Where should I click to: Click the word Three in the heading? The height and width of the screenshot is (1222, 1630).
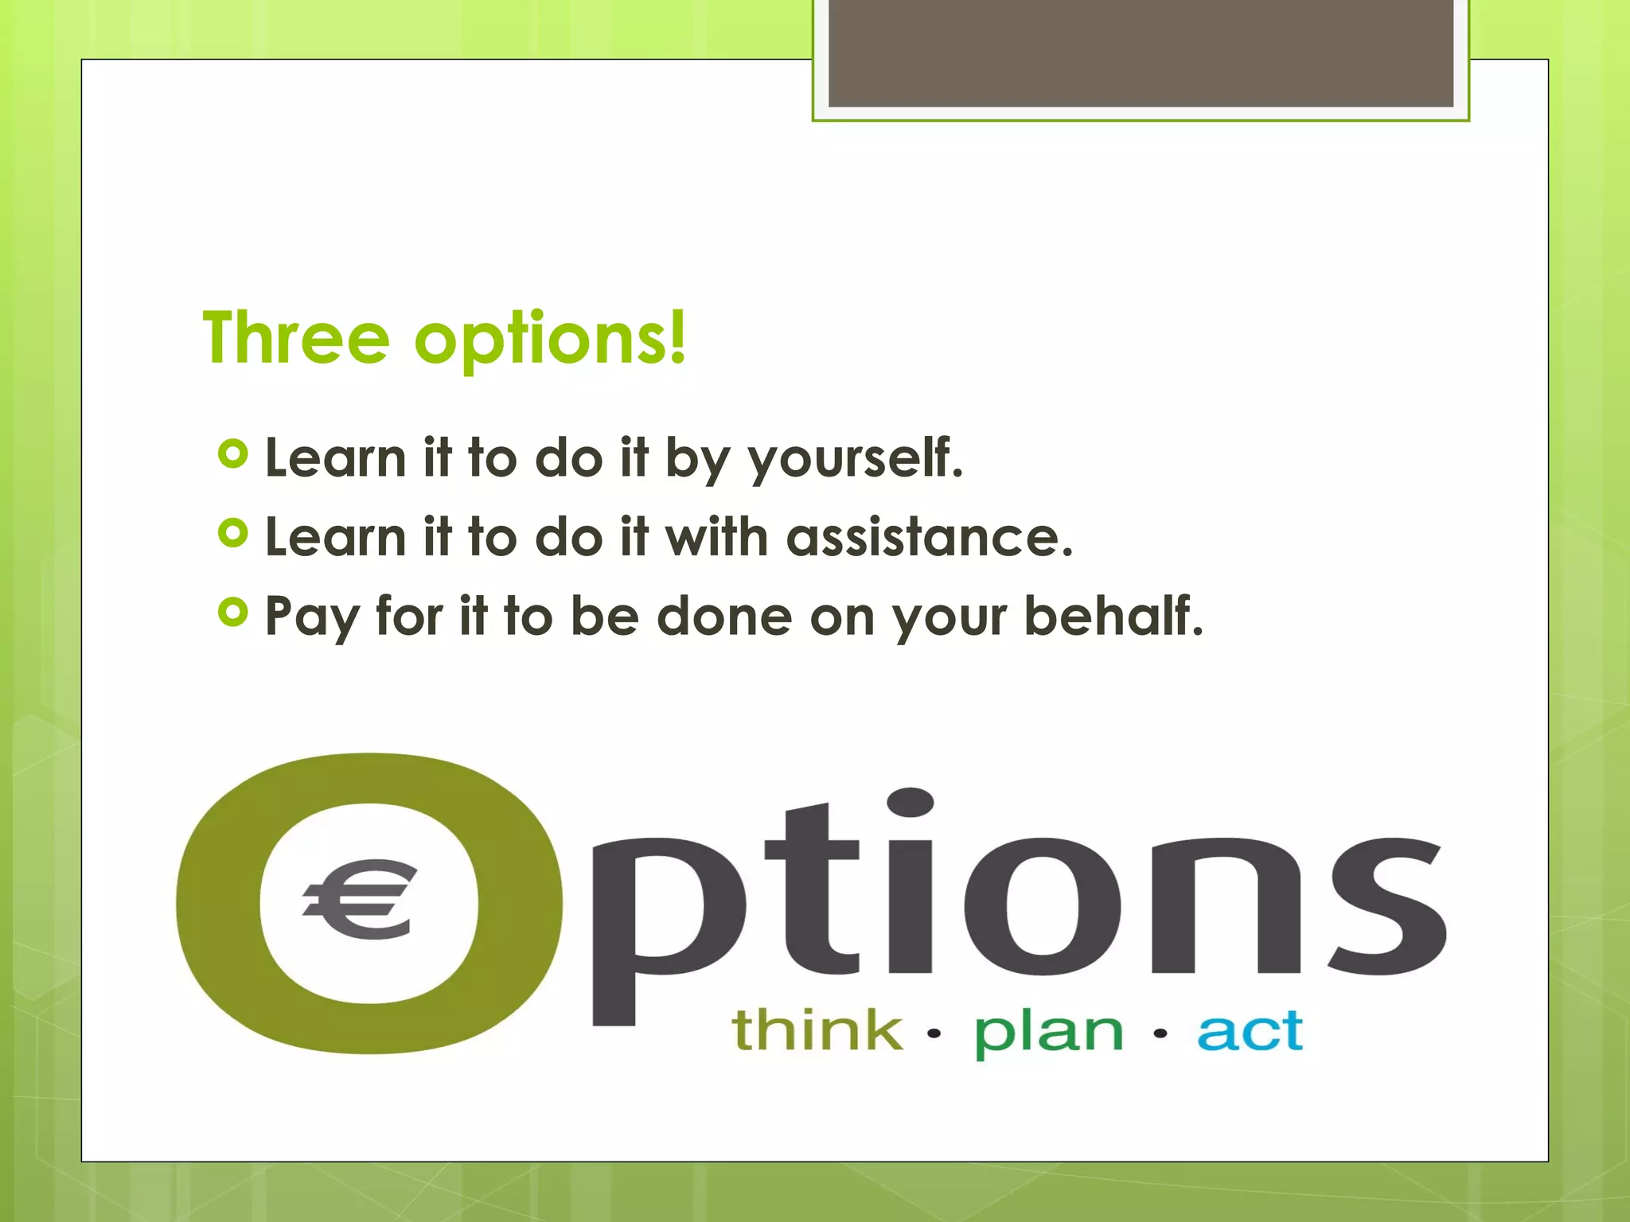tap(296, 339)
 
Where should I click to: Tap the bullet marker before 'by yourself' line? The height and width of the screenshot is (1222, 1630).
tap(232, 454)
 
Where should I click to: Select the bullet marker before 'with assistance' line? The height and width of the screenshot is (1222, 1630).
tap(232, 533)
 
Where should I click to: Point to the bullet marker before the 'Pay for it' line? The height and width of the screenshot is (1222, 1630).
tap(232, 612)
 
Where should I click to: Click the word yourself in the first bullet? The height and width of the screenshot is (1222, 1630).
tap(856, 459)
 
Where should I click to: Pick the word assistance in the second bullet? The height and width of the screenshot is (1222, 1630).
tap(930, 537)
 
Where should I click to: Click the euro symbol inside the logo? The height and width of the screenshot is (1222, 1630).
tap(361, 900)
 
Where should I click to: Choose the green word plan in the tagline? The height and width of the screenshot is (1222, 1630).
tap(1049, 1032)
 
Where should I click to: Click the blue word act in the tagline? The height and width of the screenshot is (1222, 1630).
tap(1250, 1031)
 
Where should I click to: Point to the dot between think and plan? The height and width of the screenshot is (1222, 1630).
tap(934, 1033)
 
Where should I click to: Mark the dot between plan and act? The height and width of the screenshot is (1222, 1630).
tap(1160, 1033)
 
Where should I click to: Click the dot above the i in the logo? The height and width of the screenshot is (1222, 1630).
tap(910, 802)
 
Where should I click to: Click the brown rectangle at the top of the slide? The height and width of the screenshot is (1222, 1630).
tap(1141, 53)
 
